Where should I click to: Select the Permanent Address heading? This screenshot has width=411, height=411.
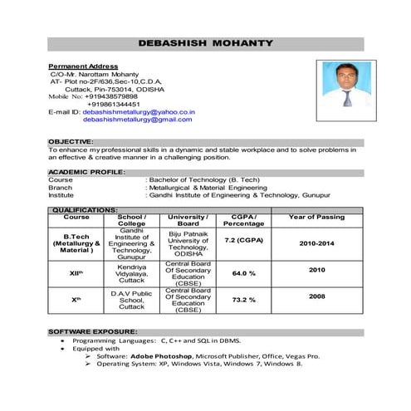coord(83,66)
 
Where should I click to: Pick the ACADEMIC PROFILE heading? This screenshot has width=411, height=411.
coord(86,171)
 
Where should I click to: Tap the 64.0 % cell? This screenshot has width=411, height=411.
coord(243,273)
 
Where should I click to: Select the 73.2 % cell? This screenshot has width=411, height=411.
coord(243,300)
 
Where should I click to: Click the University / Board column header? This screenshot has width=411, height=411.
coord(188,220)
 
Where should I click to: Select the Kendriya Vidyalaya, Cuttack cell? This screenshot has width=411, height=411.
coord(132,272)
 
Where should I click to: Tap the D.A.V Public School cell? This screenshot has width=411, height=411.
coord(132,300)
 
